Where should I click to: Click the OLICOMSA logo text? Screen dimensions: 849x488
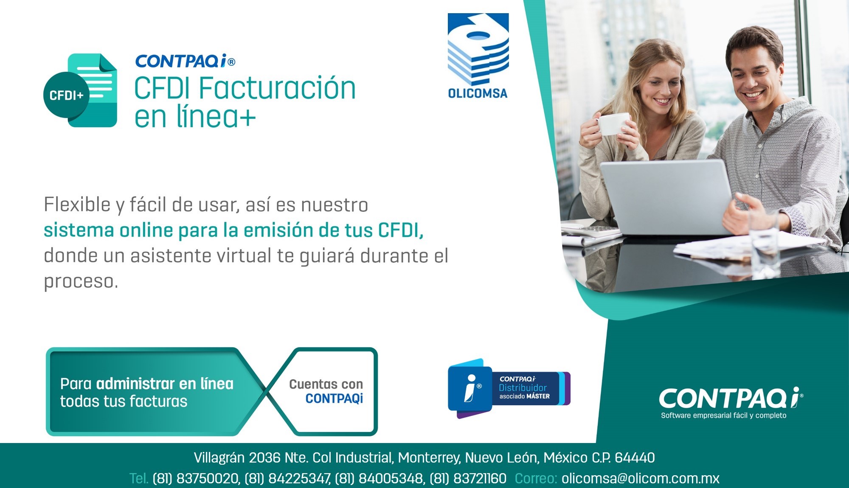click(x=478, y=93)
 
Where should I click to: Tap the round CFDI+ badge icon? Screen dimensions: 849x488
click(x=66, y=95)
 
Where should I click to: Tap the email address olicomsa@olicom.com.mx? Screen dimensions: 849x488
click(x=640, y=478)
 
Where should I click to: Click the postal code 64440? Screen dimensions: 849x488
click(x=635, y=457)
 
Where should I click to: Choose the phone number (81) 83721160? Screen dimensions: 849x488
click(x=468, y=478)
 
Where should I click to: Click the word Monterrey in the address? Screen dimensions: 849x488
click(x=429, y=458)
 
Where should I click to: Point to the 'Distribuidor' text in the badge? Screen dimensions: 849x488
click(x=523, y=387)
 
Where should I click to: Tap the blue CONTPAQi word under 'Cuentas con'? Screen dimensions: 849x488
click(x=334, y=398)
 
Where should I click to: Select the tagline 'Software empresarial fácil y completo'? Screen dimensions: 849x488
click(x=723, y=415)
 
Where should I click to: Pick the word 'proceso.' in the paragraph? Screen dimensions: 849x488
click(x=81, y=282)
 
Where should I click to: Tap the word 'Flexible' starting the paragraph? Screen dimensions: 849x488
click(x=77, y=205)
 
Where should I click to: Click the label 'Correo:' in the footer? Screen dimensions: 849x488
click(x=536, y=478)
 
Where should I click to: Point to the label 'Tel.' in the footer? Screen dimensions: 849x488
click(x=139, y=478)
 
